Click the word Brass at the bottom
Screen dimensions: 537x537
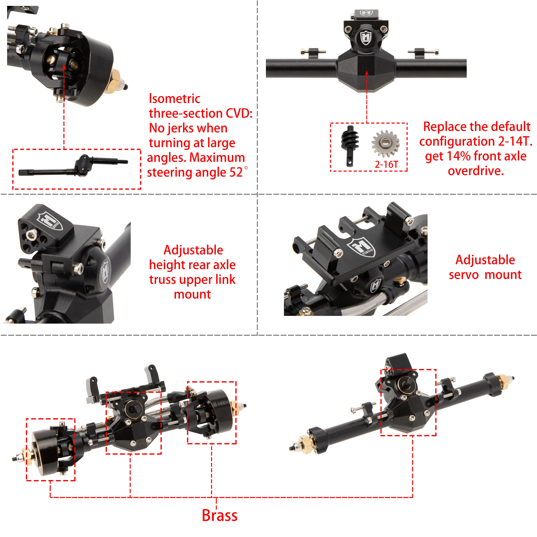[220, 515]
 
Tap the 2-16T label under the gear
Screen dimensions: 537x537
[386, 165]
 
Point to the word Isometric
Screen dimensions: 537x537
[175, 99]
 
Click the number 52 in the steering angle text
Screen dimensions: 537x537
[236, 173]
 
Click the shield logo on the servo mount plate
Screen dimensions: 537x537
[361, 247]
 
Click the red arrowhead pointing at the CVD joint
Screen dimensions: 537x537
[64, 67]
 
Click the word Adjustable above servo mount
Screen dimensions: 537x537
[485, 260]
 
